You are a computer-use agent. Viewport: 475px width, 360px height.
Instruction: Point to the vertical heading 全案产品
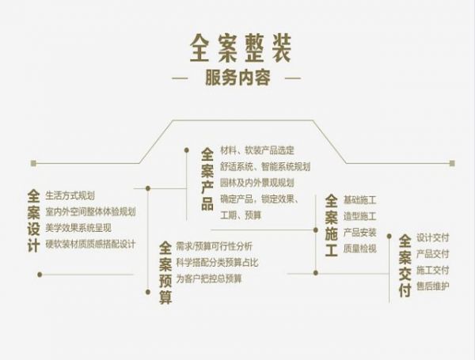coord(207,178)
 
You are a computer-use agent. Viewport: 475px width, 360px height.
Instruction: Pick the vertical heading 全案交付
coord(405,265)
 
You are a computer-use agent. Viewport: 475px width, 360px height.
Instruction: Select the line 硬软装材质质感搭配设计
coord(91,244)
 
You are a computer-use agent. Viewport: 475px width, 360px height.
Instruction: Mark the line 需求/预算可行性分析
coord(214,246)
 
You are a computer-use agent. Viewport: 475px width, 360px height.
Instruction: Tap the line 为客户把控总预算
coord(208,279)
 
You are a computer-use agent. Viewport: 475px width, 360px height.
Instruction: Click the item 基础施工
coord(359,199)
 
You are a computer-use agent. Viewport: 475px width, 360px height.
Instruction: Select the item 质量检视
coord(359,248)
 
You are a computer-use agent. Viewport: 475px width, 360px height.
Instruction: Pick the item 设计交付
coord(432,237)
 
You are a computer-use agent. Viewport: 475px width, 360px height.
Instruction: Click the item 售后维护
coord(432,286)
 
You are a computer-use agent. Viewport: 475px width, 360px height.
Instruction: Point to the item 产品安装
coord(359,232)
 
